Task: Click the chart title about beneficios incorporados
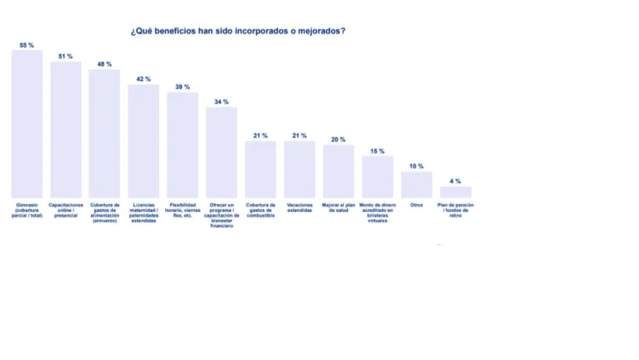point(237,31)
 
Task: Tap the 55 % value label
point(27,45)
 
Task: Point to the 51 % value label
point(66,56)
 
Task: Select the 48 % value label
point(104,64)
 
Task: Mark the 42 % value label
point(143,79)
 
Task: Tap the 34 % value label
point(222,102)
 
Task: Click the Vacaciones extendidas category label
point(300,208)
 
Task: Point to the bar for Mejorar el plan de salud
point(338,171)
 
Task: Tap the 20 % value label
point(338,139)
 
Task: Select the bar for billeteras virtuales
point(377,177)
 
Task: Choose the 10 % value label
point(417,166)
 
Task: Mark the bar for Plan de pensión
point(456,192)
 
